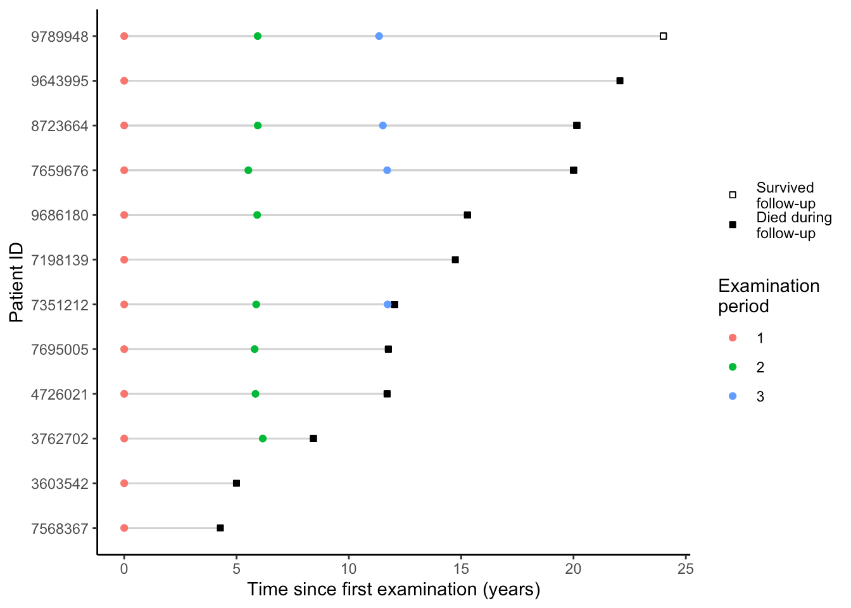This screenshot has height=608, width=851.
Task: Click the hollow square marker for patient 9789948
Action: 663,36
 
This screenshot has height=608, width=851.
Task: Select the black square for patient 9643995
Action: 620,81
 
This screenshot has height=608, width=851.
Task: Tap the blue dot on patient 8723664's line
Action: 382,125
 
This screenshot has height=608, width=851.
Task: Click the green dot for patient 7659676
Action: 248,170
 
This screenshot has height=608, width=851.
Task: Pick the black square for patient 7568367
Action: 220,528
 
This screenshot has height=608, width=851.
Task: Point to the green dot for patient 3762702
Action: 263,439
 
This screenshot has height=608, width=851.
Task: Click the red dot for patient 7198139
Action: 124,260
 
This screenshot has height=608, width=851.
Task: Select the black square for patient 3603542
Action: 236,483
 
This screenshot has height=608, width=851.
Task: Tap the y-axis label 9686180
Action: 60,215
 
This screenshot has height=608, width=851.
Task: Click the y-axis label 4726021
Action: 60,394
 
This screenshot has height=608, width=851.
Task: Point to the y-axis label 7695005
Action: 60,350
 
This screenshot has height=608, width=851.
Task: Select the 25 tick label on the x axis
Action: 685,569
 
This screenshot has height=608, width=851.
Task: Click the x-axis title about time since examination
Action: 393,590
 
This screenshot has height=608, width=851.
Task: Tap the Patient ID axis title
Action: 16,282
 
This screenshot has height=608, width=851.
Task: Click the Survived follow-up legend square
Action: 733,195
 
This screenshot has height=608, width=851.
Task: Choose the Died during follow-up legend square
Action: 733,225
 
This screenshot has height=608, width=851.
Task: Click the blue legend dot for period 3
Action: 733,396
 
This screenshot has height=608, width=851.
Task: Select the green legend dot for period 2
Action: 733,367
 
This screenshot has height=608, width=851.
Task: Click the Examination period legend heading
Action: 768,296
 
